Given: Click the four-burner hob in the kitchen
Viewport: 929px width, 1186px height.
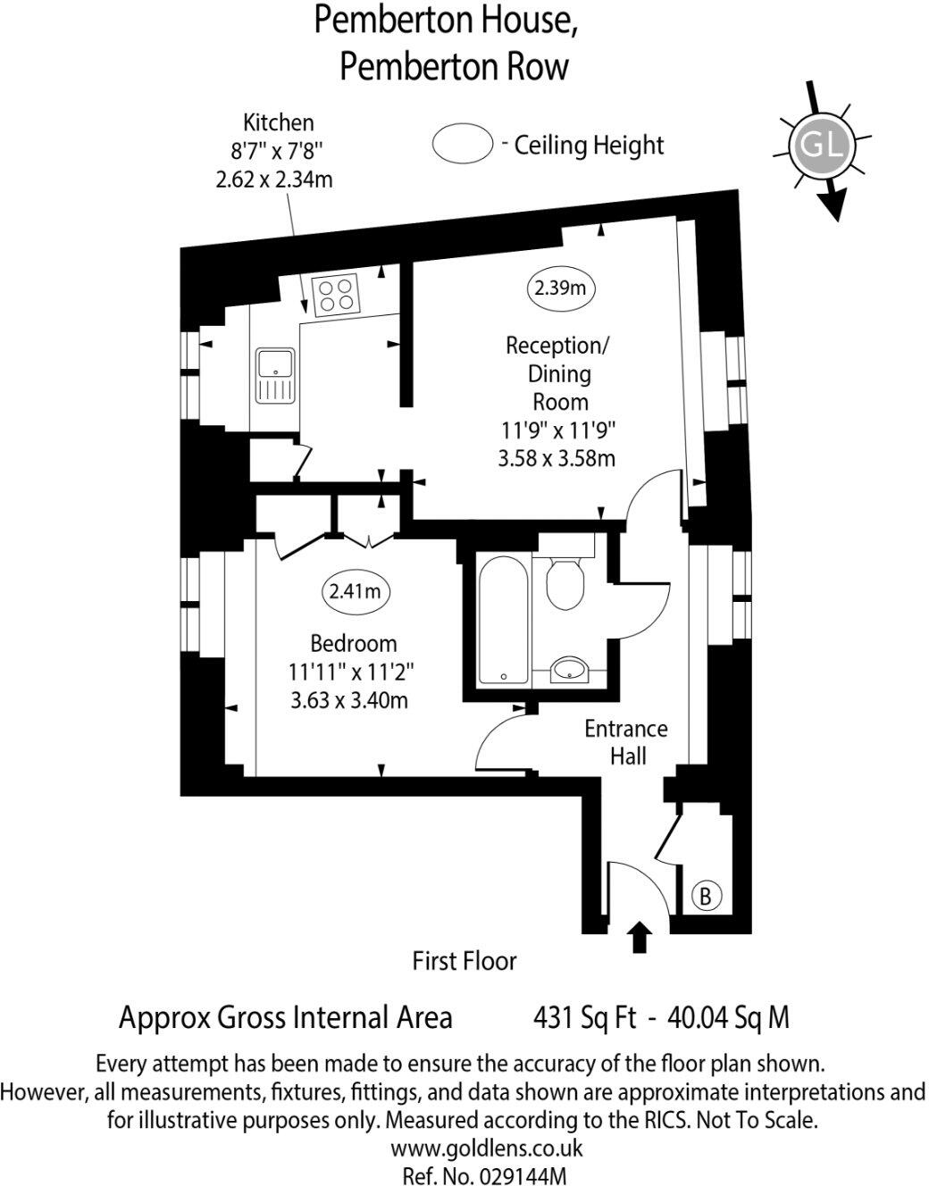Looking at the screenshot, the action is click(x=336, y=294).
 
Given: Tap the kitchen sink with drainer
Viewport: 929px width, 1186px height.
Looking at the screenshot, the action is click(x=276, y=375).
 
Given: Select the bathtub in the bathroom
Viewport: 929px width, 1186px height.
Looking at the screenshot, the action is click(x=503, y=619).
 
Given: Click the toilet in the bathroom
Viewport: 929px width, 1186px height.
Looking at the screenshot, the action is click(x=565, y=582).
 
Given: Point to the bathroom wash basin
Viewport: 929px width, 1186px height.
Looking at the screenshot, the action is click(x=570, y=670).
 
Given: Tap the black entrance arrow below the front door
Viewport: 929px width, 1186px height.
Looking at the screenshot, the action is click(x=639, y=937).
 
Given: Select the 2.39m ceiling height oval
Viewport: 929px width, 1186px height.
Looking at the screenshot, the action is click(x=561, y=288).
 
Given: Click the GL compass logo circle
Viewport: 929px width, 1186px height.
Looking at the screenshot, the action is click(x=820, y=146).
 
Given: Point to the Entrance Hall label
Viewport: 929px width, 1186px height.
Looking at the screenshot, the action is click(x=626, y=742).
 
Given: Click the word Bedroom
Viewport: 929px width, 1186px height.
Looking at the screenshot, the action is click(x=354, y=644).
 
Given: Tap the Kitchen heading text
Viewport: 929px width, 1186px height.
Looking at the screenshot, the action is click(x=279, y=123).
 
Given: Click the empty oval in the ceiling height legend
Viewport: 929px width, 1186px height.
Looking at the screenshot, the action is click(x=463, y=143).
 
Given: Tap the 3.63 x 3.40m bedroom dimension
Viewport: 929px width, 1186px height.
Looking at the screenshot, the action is click(x=349, y=700).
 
